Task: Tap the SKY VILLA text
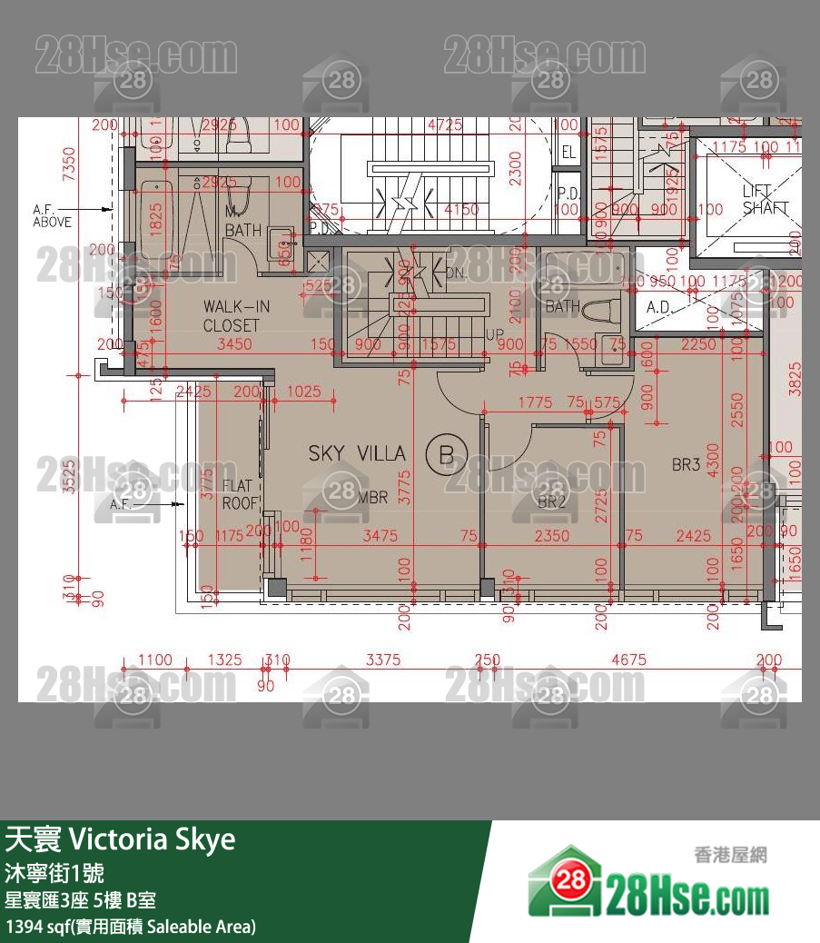357,453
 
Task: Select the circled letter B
446,454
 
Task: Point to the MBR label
372,497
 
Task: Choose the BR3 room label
686,465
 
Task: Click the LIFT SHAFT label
759,199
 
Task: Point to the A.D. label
658,307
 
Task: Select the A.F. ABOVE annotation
53,215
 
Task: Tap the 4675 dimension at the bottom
628,660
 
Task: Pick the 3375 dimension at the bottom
382,660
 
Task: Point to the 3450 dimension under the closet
234,343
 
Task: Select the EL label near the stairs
568,152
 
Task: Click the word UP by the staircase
494,335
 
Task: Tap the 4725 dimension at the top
445,125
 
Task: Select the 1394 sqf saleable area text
131,927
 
